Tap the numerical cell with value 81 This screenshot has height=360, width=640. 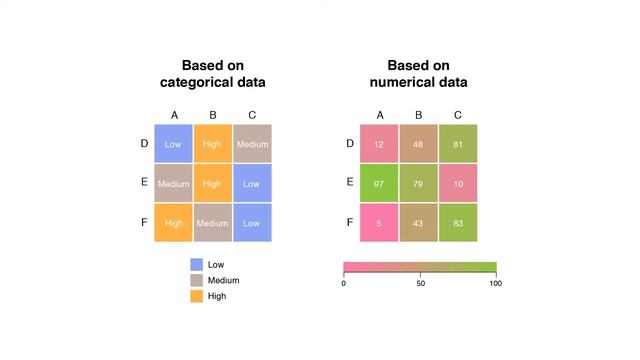(x=457, y=144)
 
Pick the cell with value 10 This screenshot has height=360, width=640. (x=457, y=183)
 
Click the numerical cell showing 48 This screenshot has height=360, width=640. (x=418, y=144)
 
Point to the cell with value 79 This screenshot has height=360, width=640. (x=418, y=183)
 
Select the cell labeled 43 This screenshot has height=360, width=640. (x=418, y=222)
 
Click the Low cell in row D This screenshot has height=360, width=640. (x=173, y=144)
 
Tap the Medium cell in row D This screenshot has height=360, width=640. (x=252, y=144)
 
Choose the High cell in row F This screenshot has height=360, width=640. (x=173, y=222)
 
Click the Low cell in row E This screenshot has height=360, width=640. (x=252, y=183)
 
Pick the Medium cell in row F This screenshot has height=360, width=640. (x=212, y=222)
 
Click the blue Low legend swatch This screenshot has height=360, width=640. (x=197, y=265)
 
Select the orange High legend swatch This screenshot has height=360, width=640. (x=197, y=296)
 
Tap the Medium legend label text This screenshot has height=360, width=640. (x=224, y=281)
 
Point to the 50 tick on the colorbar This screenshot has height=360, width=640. (x=420, y=283)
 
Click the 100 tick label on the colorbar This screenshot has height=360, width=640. (x=495, y=283)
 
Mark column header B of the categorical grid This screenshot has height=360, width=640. (x=212, y=115)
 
